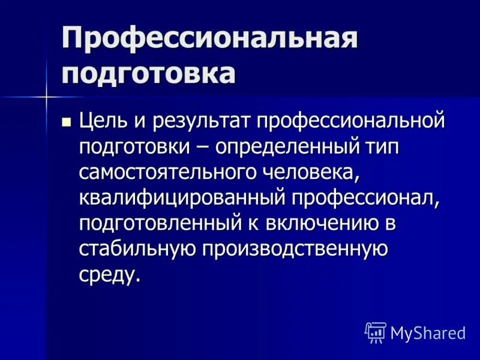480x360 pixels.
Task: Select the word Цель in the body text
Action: pos(103,121)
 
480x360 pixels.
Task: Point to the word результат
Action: pos(201,121)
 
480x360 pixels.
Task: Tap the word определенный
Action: pos(291,147)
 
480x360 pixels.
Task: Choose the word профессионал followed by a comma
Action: pos(366,198)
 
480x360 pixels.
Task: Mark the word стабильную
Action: pos(137,249)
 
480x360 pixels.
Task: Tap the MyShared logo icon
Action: pos(376,332)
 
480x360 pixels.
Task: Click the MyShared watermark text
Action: pos(428,333)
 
